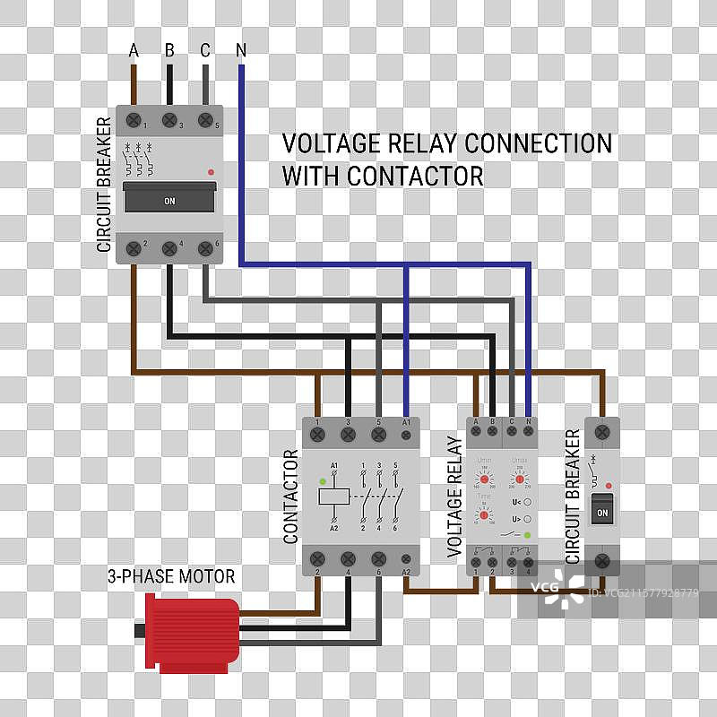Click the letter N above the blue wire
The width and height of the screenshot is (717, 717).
pyautogui.click(x=241, y=50)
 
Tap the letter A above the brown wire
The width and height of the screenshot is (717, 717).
pyautogui.click(x=134, y=50)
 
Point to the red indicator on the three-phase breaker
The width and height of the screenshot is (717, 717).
pyautogui.click(x=211, y=170)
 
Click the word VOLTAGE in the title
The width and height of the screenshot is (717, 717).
pyautogui.click(x=328, y=143)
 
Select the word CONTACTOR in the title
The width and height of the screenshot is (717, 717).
pyautogui.click(x=415, y=176)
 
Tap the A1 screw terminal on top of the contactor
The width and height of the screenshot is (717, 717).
pyautogui.click(x=406, y=433)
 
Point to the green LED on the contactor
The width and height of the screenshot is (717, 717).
pyautogui.click(x=322, y=481)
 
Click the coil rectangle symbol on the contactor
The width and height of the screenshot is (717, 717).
pyautogui.click(x=334, y=494)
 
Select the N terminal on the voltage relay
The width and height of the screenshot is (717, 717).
pyautogui.click(x=528, y=431)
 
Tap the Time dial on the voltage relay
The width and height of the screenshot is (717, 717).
pyautogui.click(x=484, y=516)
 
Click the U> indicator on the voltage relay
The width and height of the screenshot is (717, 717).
pyautogui.click(x=528, y=519)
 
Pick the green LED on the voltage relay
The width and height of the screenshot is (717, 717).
pyautogui.click(x=528, y=535)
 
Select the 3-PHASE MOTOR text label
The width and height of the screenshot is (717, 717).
pyautogui.click(x=171, y=576)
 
